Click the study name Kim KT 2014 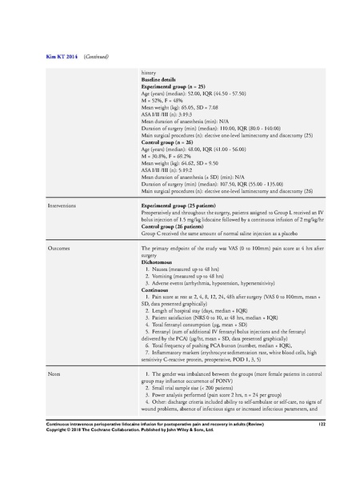(x=40, y=57)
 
